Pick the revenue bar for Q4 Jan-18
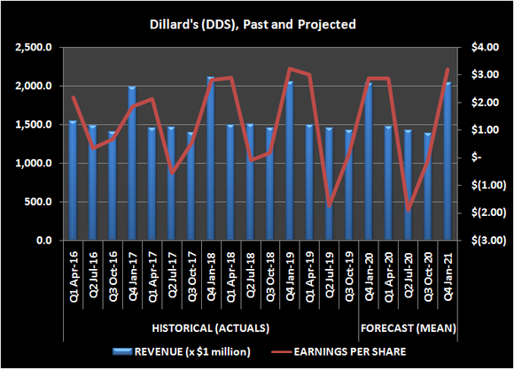tap(210, 159)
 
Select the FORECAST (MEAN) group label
tap(408, 327)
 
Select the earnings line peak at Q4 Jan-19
tap(289, 69)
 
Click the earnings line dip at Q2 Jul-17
tap(171, 173)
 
